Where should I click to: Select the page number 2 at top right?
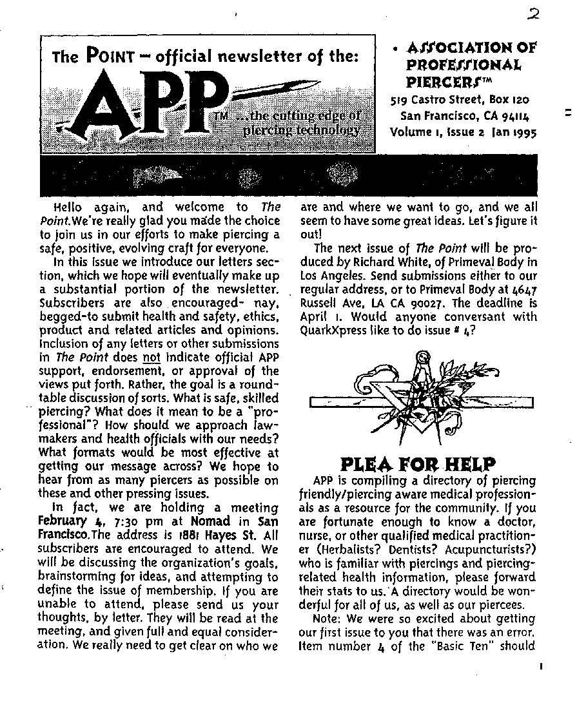pos(533,15)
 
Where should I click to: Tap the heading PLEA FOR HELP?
pos(418,464)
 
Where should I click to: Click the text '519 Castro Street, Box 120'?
pos(460,100)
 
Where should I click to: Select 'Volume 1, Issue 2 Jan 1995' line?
pos(463,133)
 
